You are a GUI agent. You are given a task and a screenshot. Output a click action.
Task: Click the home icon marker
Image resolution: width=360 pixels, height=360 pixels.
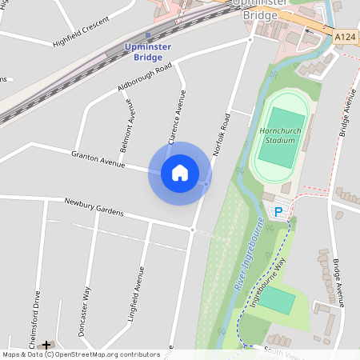click(x=179, y=172)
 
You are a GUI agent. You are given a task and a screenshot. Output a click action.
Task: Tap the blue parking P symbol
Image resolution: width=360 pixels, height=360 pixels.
click(x=278, y=212)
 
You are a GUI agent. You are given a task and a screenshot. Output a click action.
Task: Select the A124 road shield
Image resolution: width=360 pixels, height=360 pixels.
click(x=346, y=37)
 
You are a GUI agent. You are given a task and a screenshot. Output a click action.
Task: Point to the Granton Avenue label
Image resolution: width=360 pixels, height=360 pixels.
click(x=98, y=158)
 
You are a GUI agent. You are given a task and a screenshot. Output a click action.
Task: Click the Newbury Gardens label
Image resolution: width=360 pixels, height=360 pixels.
click(x=94, y=207)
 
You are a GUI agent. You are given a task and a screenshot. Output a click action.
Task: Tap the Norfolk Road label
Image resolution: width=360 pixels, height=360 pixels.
click(x=219, y=134)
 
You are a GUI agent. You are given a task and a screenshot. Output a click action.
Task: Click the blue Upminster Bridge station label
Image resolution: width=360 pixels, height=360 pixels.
click(x=148, y=53)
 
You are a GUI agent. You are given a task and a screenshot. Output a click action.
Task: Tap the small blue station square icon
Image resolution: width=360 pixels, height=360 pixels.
click(x=148, y=34)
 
